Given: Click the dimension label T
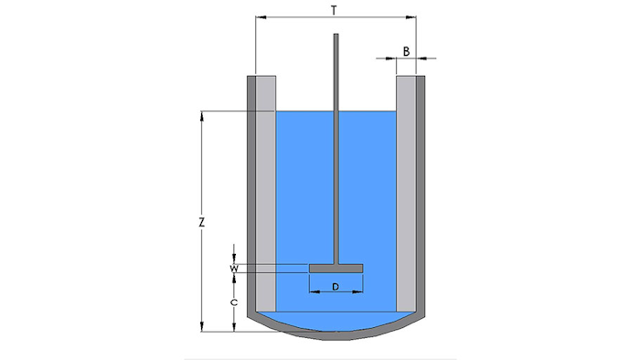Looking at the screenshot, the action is tap(335, 11).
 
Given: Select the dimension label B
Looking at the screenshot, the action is tap(406, 52).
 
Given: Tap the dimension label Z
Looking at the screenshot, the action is tap(202, 223).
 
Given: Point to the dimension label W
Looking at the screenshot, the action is tap(234, 269).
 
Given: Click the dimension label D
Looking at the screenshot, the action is tap(336, 287).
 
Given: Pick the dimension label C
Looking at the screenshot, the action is tap(234, 302).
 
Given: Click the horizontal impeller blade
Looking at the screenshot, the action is tap(336, 269).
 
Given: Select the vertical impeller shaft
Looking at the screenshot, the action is tap(336, 149).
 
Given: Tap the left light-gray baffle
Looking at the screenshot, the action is tap(266, 194).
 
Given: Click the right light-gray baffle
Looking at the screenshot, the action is tap(406, 194).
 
